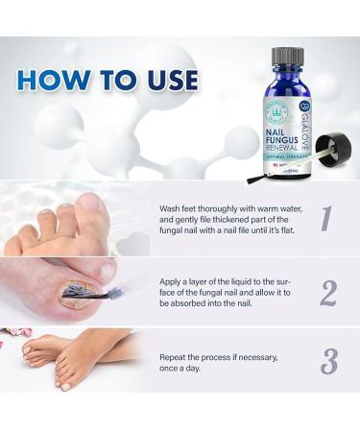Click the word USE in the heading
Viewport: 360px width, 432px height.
[166, 79]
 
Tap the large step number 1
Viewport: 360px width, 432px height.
[326, 218]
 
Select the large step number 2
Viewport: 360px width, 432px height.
[327, 290]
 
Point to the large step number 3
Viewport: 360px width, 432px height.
[328, 360]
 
